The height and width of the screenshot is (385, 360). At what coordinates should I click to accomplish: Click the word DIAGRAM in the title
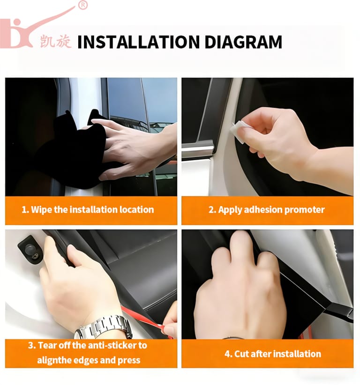(243, 42)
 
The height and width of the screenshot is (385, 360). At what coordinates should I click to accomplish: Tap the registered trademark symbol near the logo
(83, 5)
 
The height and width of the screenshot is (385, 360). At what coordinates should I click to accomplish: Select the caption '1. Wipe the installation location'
(88, 210)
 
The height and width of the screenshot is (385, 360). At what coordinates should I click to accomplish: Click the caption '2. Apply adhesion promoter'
(267, 210)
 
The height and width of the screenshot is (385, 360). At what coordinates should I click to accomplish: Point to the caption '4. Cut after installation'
(273, 354)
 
